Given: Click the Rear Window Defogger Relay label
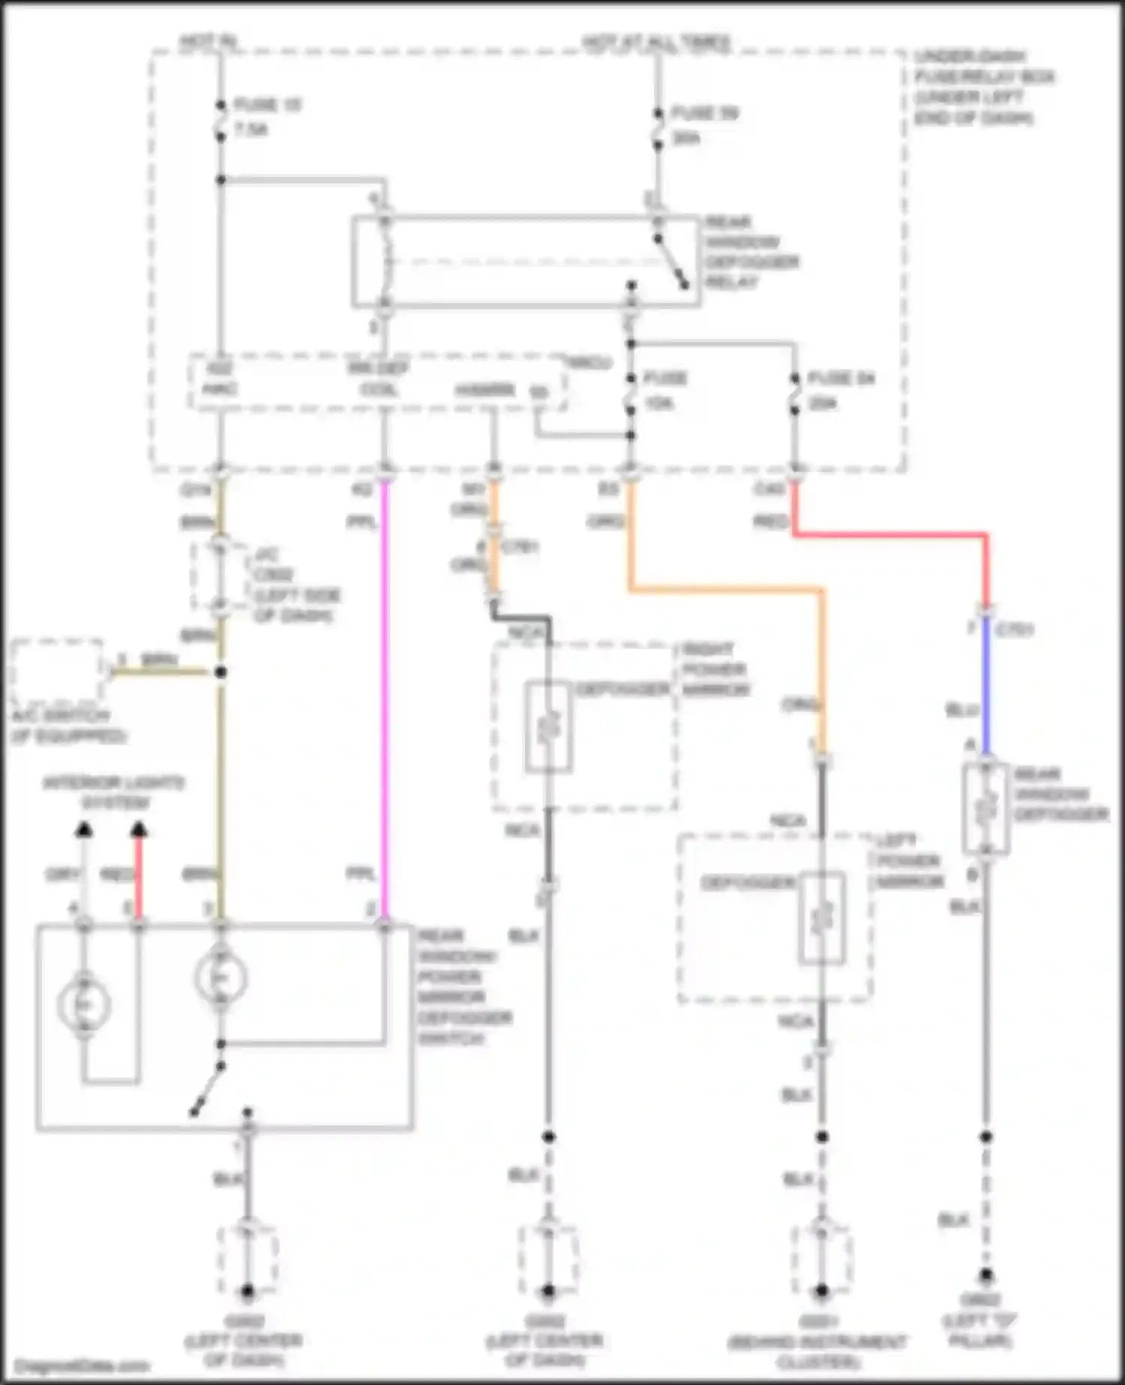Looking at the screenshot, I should coord(750,252).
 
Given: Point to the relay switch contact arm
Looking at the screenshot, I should coord(671,263).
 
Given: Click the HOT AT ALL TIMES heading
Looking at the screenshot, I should coord(656,43).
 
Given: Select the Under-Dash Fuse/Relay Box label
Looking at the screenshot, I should coord(982,87).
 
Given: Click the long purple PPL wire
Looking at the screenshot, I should coord(385,698).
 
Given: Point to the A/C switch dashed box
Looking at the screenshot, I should coord(57,671).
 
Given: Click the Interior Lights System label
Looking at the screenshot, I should coord(112,792).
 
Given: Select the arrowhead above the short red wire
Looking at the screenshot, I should coord(139,829).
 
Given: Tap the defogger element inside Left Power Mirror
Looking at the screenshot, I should coord(822,917).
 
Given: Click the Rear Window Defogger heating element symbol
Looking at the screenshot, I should coord(985,808).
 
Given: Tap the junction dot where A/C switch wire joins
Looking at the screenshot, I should coord(220,672).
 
